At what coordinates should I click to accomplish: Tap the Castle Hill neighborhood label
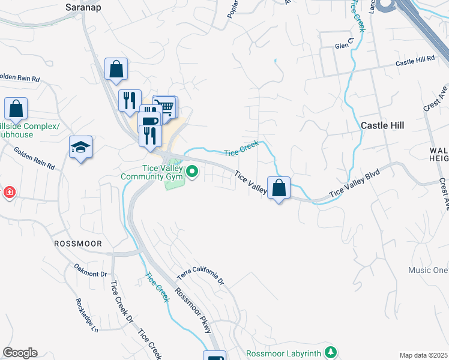pyautogui.click(x=382, y=125)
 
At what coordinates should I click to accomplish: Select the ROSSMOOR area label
pyautogui.click(x=78, y=244)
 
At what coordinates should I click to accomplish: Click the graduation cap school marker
pyautogui.click(x=80, y=147)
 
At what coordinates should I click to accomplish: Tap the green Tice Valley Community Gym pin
pyautogui.click(x=192, y=173)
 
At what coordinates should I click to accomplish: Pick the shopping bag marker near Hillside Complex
pyautogui.click(x=16, y=109)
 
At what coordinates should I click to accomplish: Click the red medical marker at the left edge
pyautogui.click(x=9, y=193)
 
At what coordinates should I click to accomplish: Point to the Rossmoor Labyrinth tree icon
pyautogui.click(x=329, y=351)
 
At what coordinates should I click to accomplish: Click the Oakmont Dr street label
pyautogui.click(x=90, y=270)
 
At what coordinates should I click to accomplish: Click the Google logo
pyautogui.click(x=20, y=353)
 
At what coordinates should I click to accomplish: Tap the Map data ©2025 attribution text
pyautogui.click(x=424, y=355)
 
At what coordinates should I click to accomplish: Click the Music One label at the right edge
pyautogui.click(x=428, y=270)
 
